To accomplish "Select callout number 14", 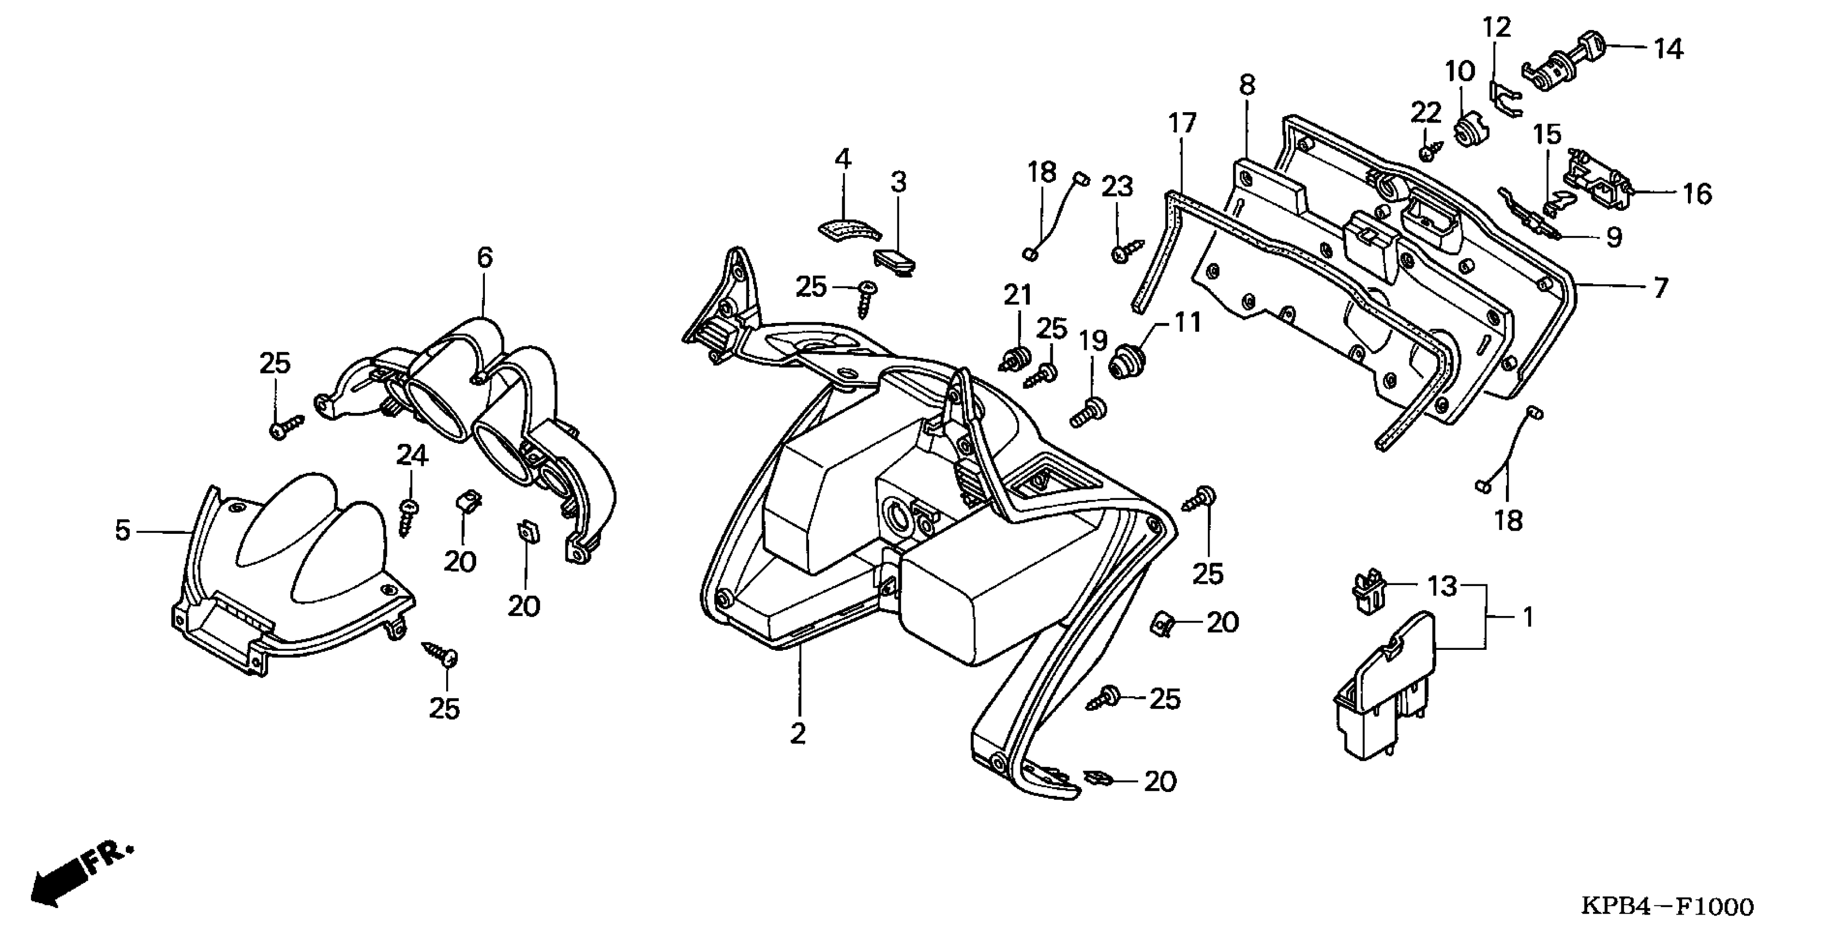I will coord(1668,49).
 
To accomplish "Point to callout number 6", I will coord(484,257).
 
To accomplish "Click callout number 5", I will coord(123,531).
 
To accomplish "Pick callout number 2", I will coord(798,733).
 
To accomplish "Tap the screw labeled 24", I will coord(408,517).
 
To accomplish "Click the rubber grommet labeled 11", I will coord(1127,360).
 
